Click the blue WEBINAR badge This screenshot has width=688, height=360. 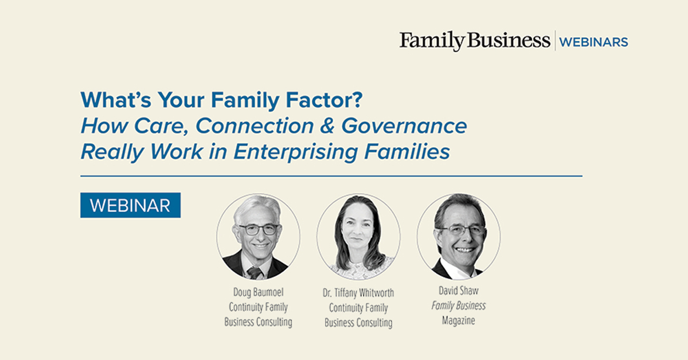tap(131, 205)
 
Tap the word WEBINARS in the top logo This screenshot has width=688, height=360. tap(593, 42)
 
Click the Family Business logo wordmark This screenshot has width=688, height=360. tap(475, 41)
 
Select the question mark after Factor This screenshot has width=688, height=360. tap(357, 100)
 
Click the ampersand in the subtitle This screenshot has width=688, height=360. tap(327, 126)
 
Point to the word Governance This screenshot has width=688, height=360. tap(404, 126)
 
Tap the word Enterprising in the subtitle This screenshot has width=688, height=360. tap(295, 152)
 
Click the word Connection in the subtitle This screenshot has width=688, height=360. tap(255, 126)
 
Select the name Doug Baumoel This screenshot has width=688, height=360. tap(259, 292)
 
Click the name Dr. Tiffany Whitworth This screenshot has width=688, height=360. tap(358, 293)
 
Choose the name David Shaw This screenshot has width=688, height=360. tap(459, 291)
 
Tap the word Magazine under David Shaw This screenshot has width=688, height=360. tap(459, 320)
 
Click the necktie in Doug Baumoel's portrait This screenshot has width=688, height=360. tap(255, 273)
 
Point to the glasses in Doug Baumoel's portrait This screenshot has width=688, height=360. tap(259, 229)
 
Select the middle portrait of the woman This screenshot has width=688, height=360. tap(358, 237)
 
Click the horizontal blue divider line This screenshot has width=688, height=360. tap(331, 177)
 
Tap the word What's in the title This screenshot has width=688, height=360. tap(116, 100)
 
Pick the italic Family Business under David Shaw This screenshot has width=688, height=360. tap(459, 306)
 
